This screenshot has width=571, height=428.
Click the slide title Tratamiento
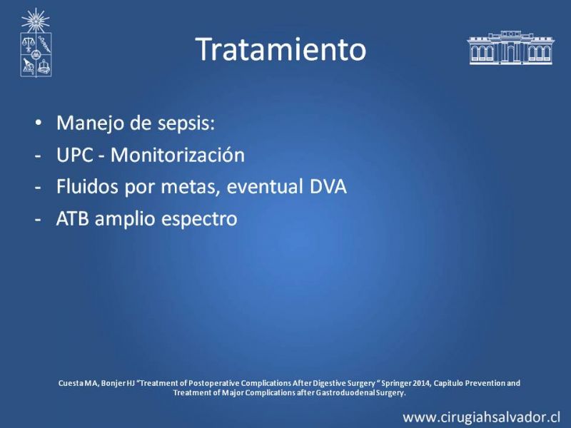point(281,49)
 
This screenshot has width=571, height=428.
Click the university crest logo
point(36,43)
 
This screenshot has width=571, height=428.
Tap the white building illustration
point(510,48)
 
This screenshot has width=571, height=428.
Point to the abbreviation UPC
point(75,155)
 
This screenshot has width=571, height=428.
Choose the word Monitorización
point(177,154)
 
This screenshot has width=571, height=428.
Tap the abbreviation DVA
point(328,187)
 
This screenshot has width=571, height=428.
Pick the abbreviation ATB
point(73,219)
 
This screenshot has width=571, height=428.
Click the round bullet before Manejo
point(39,123)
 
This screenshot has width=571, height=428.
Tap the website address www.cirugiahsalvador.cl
point(481,417)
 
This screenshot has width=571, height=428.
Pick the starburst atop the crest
point(35,21)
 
